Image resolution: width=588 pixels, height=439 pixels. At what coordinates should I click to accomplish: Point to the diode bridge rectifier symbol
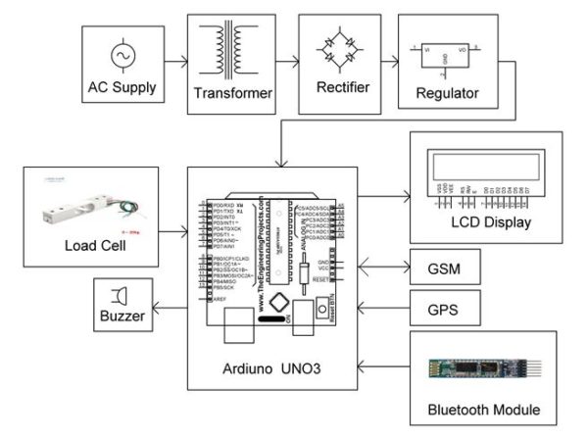[x=343, y=50]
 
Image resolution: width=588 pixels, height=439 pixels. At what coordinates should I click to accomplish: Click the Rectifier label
[x=343, y=87]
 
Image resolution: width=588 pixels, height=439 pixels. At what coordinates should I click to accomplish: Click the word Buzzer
[x=122, y=317]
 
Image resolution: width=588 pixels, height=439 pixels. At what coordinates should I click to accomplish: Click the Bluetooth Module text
[x=483, y=408]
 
